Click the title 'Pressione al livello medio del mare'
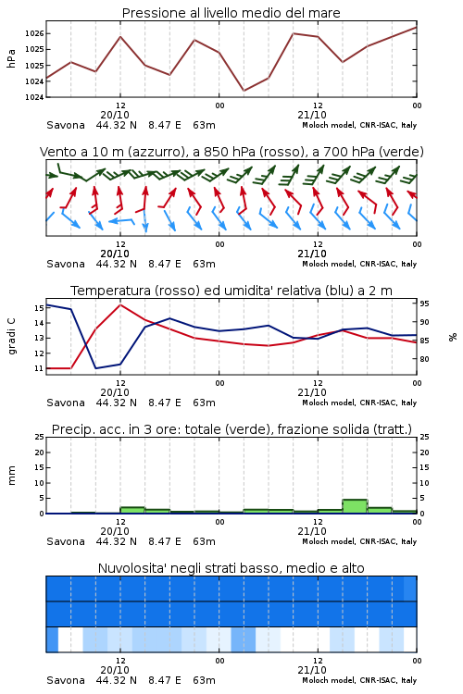click(x=231, y=13)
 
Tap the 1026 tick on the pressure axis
click(x=34, y=33)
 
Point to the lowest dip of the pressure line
click(x=244, y=91)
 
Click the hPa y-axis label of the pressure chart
click(x=11, y=58)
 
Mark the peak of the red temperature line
click(x=120, y=304)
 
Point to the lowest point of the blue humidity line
click(x=96, y=368)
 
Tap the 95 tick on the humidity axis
click(x=424, y=304)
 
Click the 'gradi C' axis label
click(x=11, y=336)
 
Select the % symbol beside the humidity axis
click(x=453, y=337)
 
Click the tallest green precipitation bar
click(x=355, y=506)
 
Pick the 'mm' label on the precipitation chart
click(x=11, y=475)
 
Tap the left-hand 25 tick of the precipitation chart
click(x=40, y=437)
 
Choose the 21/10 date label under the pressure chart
click(x=312, y=115)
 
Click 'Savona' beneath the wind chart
click(x=66, y=265)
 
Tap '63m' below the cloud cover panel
click(x=205, y=680)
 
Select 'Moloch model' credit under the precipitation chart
click(x=329, y=541)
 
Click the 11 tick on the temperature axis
click(x=40, y=368)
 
